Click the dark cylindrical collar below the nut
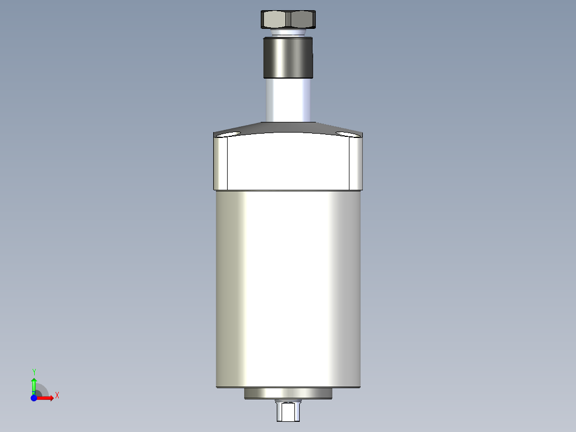288,57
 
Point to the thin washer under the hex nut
288,33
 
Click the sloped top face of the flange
288,129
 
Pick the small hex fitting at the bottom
288,411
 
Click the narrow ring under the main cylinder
288,394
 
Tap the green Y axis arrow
34,385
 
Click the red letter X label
57,396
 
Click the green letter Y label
34,371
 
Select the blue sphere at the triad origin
34,398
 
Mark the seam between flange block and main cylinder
288,190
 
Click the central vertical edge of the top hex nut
289,20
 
